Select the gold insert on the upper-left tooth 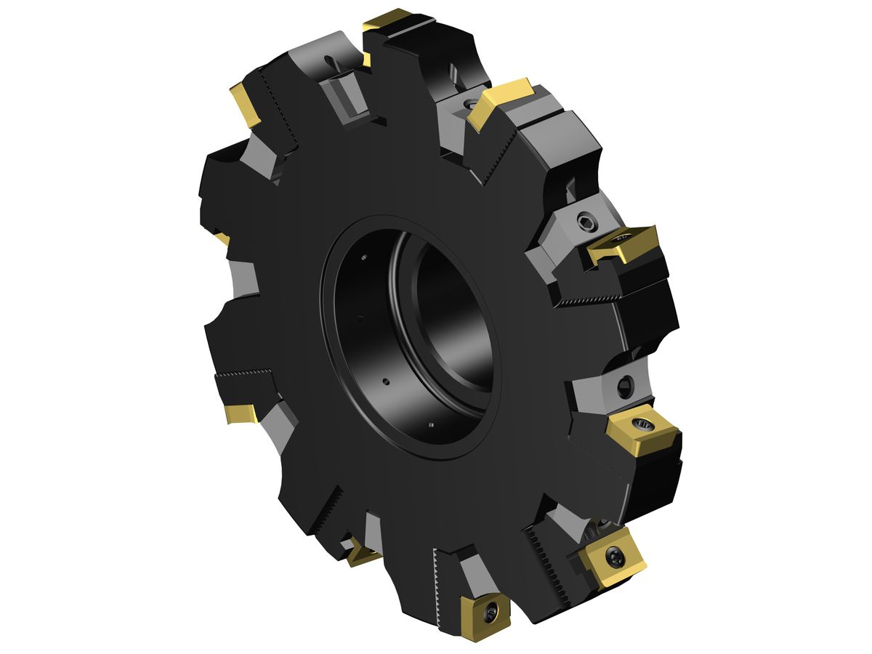coord(245,103)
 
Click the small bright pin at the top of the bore coord(363,257)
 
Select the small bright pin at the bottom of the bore coord(432,425)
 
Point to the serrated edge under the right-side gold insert coord(592,297)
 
